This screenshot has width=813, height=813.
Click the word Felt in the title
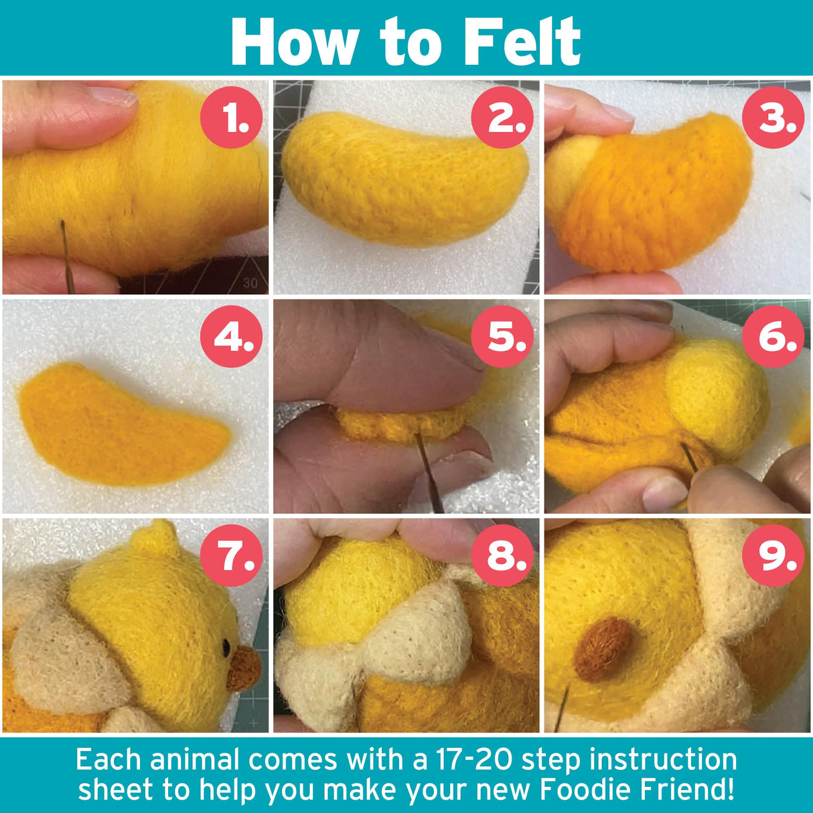522,42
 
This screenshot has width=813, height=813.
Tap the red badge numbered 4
232,337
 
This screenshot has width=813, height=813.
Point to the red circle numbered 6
773,337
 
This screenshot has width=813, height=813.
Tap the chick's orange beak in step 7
244,668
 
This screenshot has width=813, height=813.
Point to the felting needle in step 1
66,254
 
